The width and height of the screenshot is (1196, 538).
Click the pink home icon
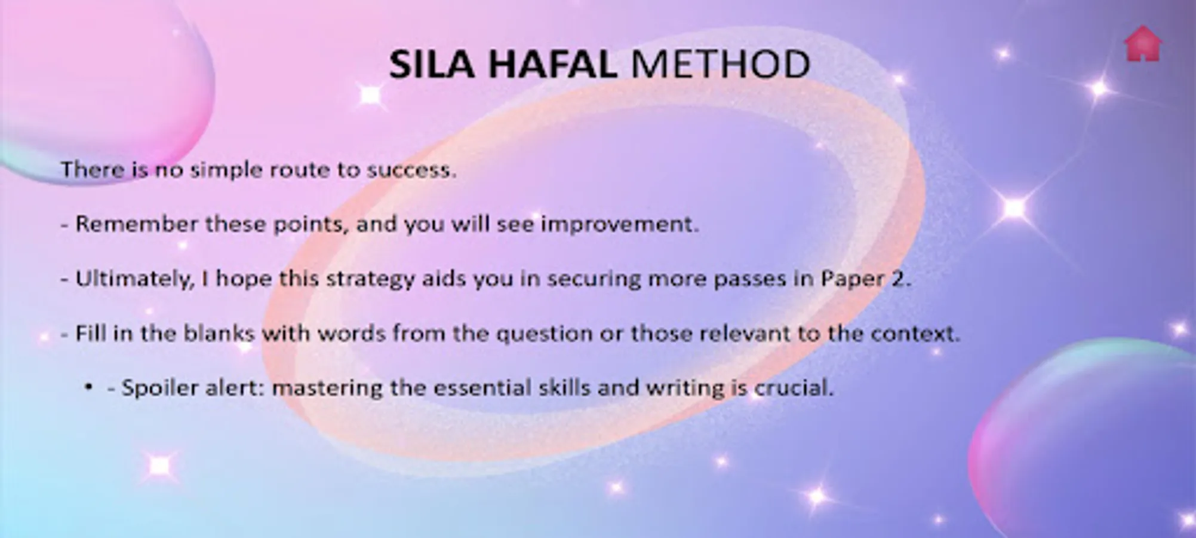(1143, 44)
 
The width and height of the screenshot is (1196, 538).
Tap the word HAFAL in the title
(553, 64)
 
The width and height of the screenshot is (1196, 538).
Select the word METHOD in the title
(721, 64)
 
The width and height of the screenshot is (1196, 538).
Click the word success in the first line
(411, 170)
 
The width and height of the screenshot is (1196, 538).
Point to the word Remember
(137, 224)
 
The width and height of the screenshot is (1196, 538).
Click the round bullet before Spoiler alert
(89, 387)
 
